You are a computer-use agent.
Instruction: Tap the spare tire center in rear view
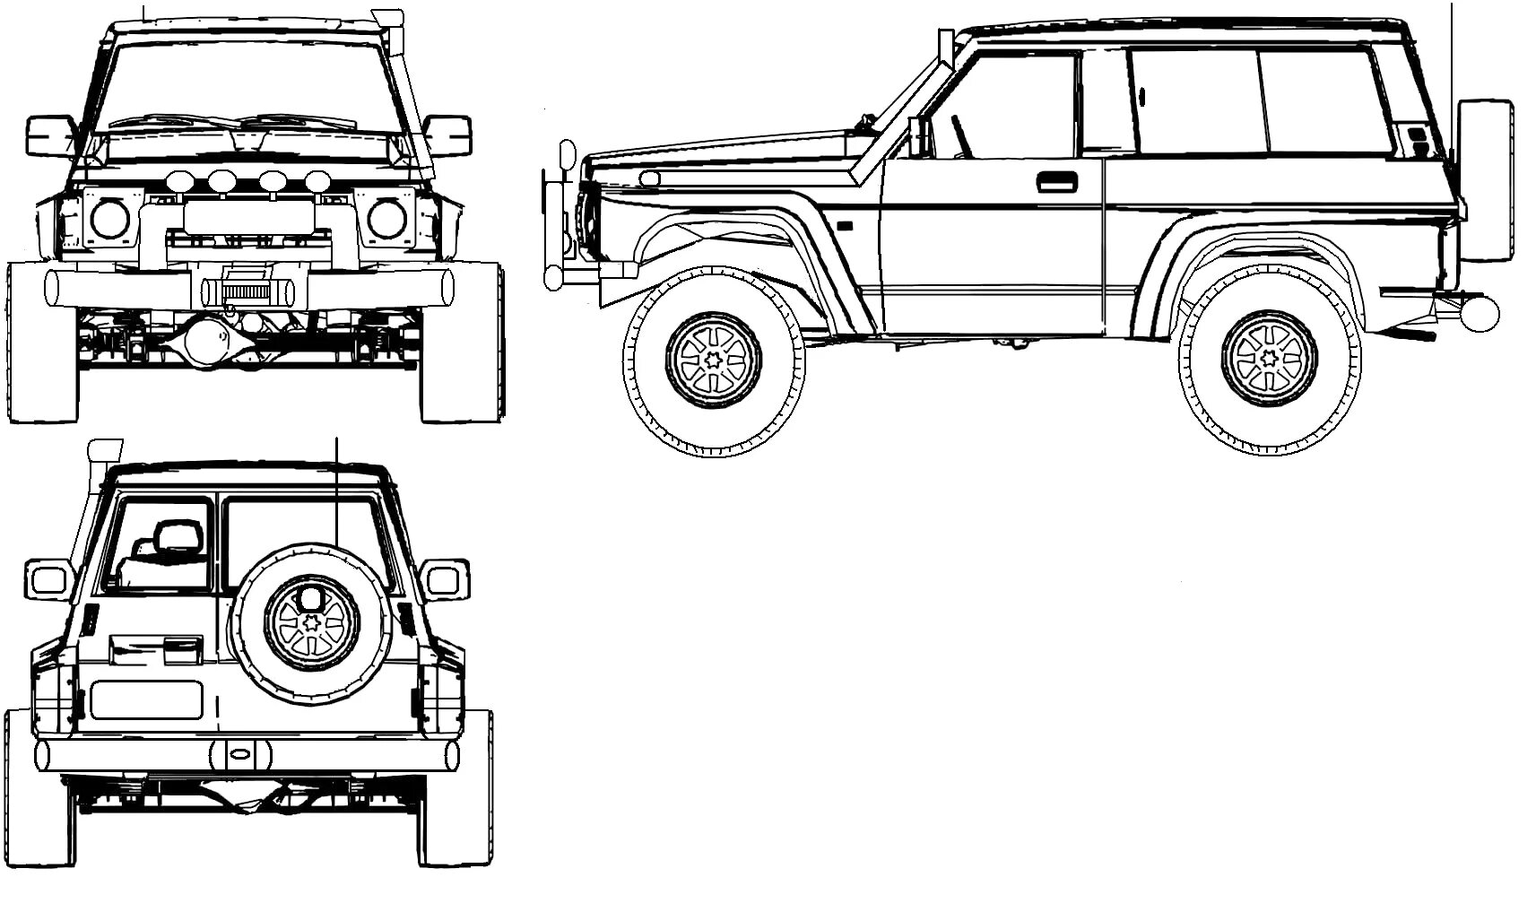pyautogui.click(x=311, y=621)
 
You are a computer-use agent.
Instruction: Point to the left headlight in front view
pyautogui.click(x=109, y=219)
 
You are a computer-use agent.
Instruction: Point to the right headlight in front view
pyautogui.click(x=386, y=219)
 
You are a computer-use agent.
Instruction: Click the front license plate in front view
pyautogui.click(x=248, y=217)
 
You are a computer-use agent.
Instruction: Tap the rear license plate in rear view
pyautogui.click(x=146, y=699)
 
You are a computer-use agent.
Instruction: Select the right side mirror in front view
pyautogui.click(x=447, y=135)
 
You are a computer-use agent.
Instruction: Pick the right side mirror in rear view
pyautogui.click(x=447, y=579)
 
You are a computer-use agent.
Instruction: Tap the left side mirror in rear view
pyautogui.click(x=48, y=579)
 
